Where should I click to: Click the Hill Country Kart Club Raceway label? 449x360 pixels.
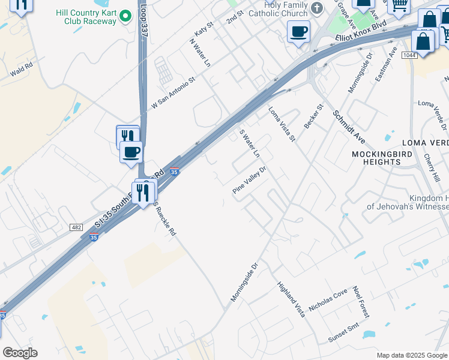90,16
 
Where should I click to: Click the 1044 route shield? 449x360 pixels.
409,55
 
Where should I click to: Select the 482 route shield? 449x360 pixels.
76,227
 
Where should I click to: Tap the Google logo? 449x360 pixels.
20,352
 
